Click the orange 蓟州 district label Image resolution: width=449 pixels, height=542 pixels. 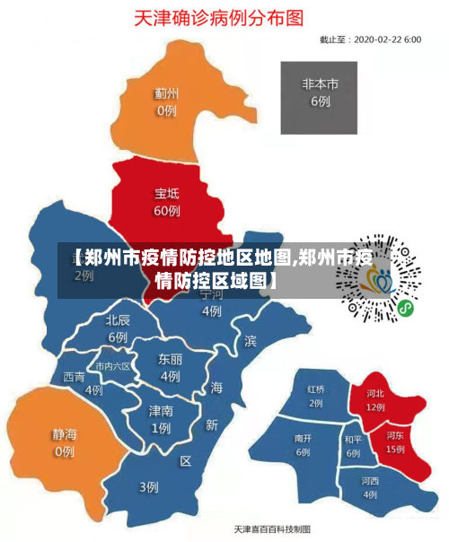[x=166, y=101]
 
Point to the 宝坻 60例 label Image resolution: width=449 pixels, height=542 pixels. [x=167, y=202]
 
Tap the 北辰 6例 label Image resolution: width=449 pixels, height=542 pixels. [x=118, y=328]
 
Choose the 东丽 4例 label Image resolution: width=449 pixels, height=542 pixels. [x=170, y=367]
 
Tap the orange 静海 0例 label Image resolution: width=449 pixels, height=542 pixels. [x=64, y=442]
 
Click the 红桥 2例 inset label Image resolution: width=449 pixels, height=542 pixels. [x=316, y=397]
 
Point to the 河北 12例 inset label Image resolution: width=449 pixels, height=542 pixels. [x=375, y=399]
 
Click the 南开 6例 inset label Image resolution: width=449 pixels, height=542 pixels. [x=303, y=445]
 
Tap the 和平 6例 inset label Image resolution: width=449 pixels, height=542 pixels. [x=353, y=447]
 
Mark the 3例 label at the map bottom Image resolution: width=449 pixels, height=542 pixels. [x=148, y=487]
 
